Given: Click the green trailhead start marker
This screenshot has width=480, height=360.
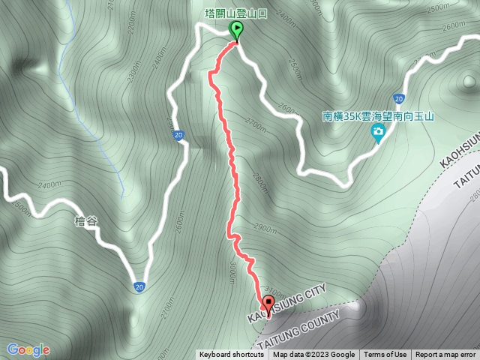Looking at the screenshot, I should [x=237, y=31].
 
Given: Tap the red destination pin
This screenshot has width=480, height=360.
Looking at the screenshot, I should [x=268, y=304].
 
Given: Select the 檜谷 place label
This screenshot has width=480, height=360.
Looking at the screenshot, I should [x=86, y=222].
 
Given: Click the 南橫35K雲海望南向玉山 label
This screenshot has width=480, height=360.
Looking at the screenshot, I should [x=379, y=116].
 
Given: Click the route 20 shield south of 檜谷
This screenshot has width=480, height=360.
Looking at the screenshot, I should [x=139, y=286].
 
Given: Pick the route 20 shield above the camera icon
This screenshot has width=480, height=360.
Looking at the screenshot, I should [x=398, y=98].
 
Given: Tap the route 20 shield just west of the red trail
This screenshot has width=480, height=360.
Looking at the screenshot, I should [x=178, y=136].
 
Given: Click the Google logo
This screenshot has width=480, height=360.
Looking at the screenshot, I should [x=28, y=349].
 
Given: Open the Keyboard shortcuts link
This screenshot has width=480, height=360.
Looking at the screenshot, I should [x=231, y=355].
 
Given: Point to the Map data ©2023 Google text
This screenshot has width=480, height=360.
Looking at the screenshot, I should [x=313, y=355].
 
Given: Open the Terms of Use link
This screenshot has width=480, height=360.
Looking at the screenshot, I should [x=385, y=355].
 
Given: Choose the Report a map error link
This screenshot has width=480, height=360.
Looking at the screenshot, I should [x=445, y=355].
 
